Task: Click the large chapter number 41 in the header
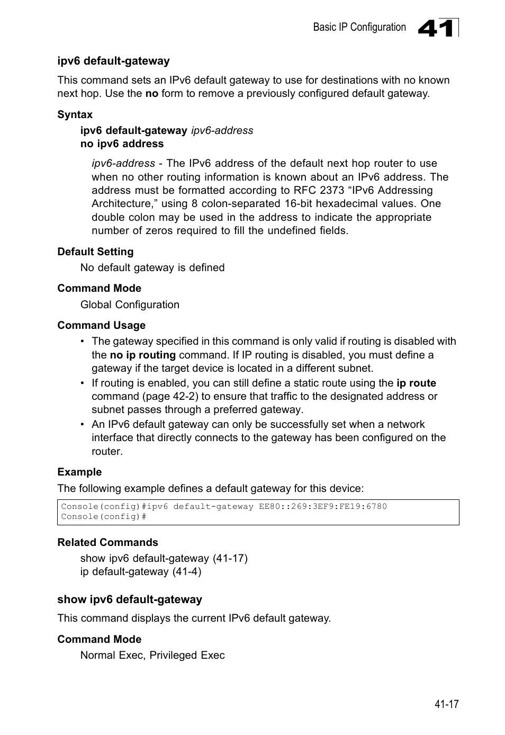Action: (x=436, y=29)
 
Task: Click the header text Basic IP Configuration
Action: (x=359, y=28)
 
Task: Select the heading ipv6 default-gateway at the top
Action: (x=113, y=61)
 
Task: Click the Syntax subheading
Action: (x=75, y=115)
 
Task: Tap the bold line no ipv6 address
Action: (x=122, y=144)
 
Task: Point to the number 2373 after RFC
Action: (x=332, y=191)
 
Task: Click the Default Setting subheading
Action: (x=95, y=252)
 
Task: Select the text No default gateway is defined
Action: (x=152, y=268)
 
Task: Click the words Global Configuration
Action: (x=130, y=305)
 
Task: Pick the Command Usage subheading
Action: (x=101, y=326)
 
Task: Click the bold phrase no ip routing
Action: (x=142, y=355)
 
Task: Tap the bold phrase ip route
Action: (x=416, y=383)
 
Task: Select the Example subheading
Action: (x=79, y=472)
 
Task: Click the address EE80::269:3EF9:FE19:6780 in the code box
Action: (x=323, y=507)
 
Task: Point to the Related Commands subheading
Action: (x=107, y=543)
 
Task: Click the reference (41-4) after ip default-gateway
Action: (x=186, y=572)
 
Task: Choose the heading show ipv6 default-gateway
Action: (x=130, y=599)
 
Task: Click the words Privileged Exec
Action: (x=187, y=656)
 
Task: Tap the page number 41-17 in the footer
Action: (x=446, y=704)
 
